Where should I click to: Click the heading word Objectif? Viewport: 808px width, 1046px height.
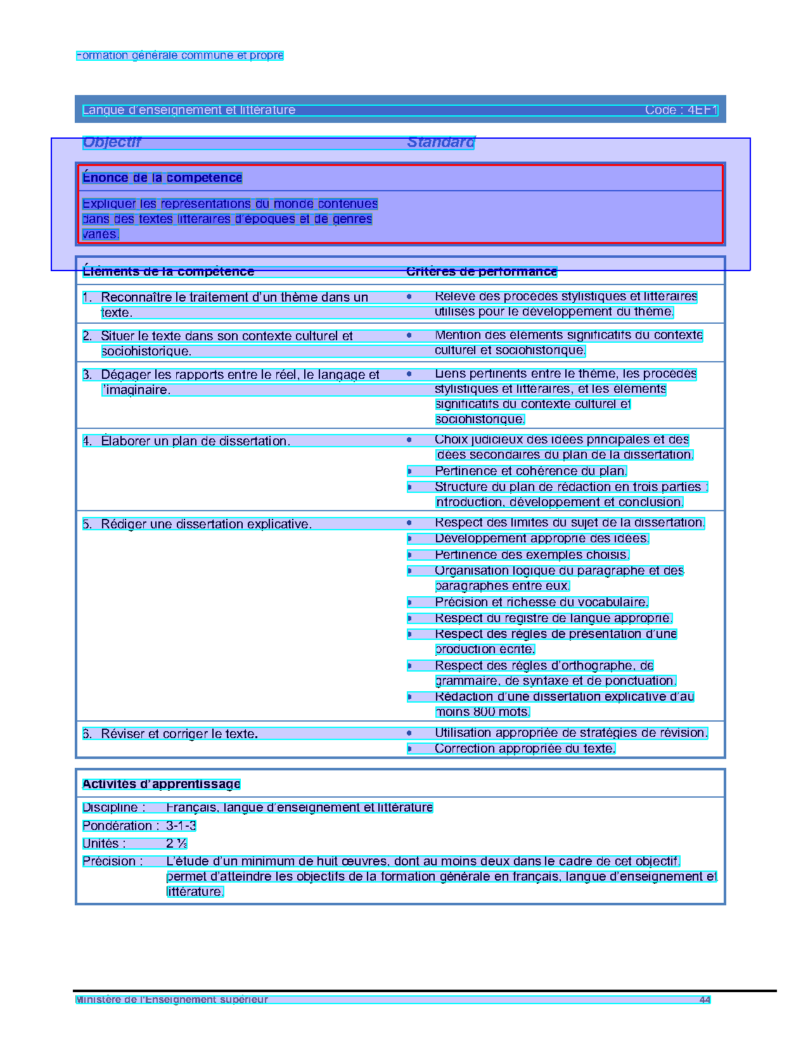tap(112, 143)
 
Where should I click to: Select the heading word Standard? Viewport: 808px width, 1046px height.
tap(440, 143)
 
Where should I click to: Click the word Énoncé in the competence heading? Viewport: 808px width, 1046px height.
tap(105, 178)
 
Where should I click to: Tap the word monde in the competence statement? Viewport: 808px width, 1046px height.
tap(293, 204)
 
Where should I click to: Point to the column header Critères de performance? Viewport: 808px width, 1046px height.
tap(481, 272)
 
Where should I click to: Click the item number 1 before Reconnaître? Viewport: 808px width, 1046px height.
tap(86, 298)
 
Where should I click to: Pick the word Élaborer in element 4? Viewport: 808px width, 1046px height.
tap(125, 441)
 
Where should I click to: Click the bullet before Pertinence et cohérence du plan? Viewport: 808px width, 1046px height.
tap(409, 471)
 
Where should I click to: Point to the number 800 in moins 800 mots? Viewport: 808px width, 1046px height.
tap(484, 712)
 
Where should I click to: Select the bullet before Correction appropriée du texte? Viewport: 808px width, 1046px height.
tap(409, 749)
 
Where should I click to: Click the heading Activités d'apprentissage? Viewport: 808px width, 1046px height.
tap(161, 784)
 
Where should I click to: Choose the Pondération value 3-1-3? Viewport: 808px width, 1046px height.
tap(181, 826)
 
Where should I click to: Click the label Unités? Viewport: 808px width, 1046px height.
tap(103, 844)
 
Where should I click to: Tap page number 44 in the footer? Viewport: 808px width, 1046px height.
tap(705, 1000)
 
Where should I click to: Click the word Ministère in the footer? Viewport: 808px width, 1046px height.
tap(96, 1000)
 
